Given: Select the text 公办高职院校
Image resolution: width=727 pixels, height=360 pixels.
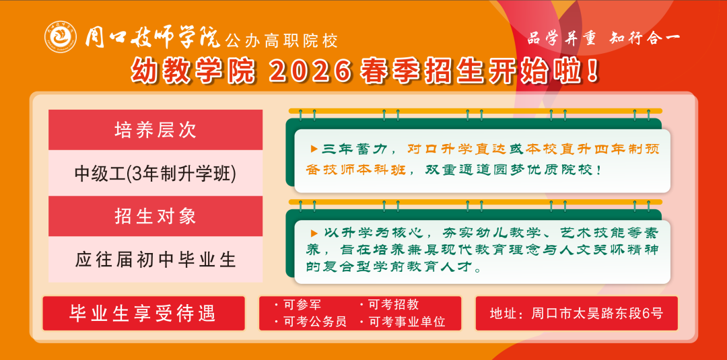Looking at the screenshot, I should [x=281, y=41].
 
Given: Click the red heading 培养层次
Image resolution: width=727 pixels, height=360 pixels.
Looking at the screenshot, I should [x=155, y=130].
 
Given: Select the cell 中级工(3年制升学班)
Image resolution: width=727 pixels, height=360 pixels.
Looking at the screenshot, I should [x=155, y=174].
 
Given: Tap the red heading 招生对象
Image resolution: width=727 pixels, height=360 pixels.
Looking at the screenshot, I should [x=155, y=216].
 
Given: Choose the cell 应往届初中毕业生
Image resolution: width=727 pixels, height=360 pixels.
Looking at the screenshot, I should [x=155, y=260].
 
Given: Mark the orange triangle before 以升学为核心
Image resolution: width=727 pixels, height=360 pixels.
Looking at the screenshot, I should [x=314, y=233].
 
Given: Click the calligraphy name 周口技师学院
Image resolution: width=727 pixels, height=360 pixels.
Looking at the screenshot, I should [x=153, y=38].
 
